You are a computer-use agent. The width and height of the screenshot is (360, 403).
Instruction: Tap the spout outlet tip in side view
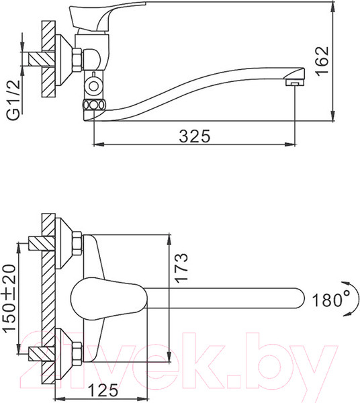click(292, 81)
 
